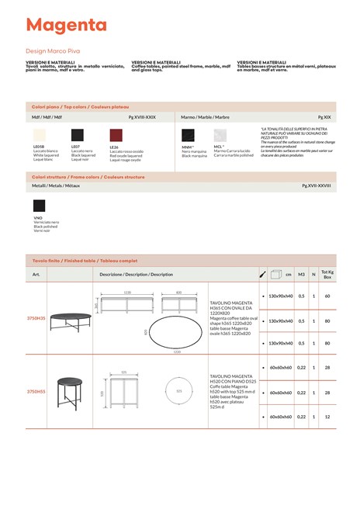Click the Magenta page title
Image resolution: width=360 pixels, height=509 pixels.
[66, 26]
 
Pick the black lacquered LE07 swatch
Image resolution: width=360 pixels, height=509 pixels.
[77, 135]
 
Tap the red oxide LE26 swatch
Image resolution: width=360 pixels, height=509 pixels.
[116, 135]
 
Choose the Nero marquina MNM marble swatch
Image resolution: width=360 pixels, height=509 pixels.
[188, 134]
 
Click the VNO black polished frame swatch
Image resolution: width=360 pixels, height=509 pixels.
[39, 206]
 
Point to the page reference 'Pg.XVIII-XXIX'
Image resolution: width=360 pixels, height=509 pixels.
[142, 116]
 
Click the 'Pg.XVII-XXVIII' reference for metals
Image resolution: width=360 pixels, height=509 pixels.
[316, 186]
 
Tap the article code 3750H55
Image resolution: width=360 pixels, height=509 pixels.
[36, 392]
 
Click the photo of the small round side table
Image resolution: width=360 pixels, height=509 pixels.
[70, 392]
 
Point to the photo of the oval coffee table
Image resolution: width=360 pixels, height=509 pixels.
[70, 319]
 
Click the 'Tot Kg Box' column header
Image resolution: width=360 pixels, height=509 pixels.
[327, 274]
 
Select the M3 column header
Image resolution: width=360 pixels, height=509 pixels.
[301, 274]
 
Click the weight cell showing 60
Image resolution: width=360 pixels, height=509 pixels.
[327, 296]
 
